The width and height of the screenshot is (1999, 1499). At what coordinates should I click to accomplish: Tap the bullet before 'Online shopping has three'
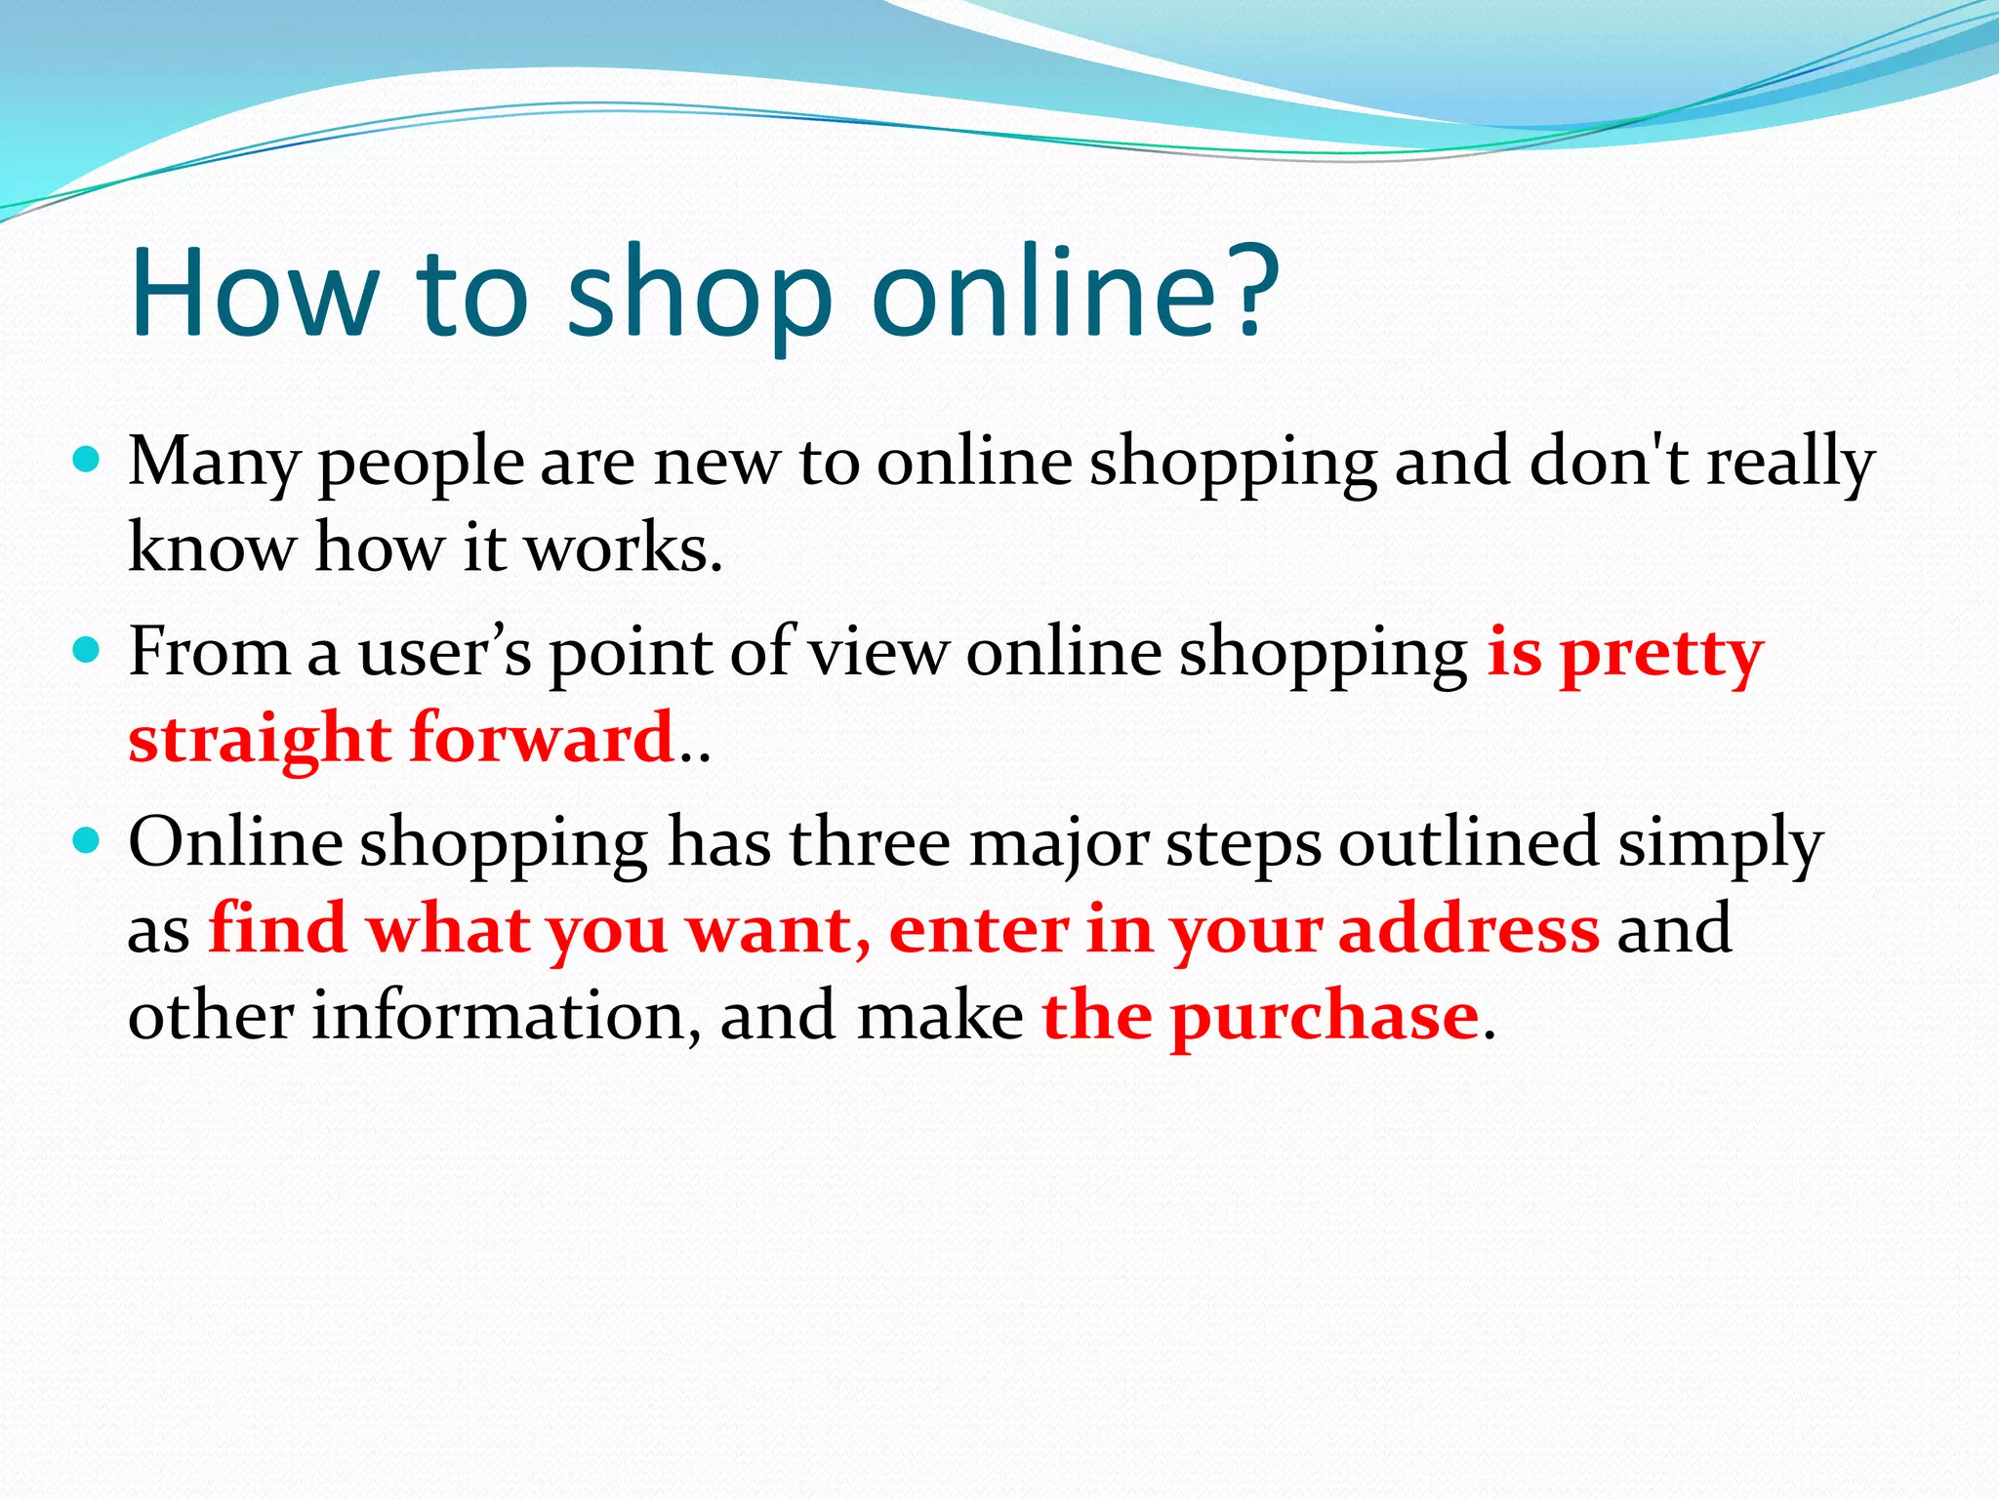pos(87,840)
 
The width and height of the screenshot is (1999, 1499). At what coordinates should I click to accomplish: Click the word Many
pos(214,464)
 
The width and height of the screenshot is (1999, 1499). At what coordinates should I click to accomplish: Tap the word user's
pos(445,652)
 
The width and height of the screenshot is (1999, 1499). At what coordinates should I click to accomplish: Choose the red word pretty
pos(1661,656)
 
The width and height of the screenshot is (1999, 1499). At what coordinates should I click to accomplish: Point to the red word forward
pos(543,739)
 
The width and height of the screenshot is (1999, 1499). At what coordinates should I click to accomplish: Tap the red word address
pos(1468,929)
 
